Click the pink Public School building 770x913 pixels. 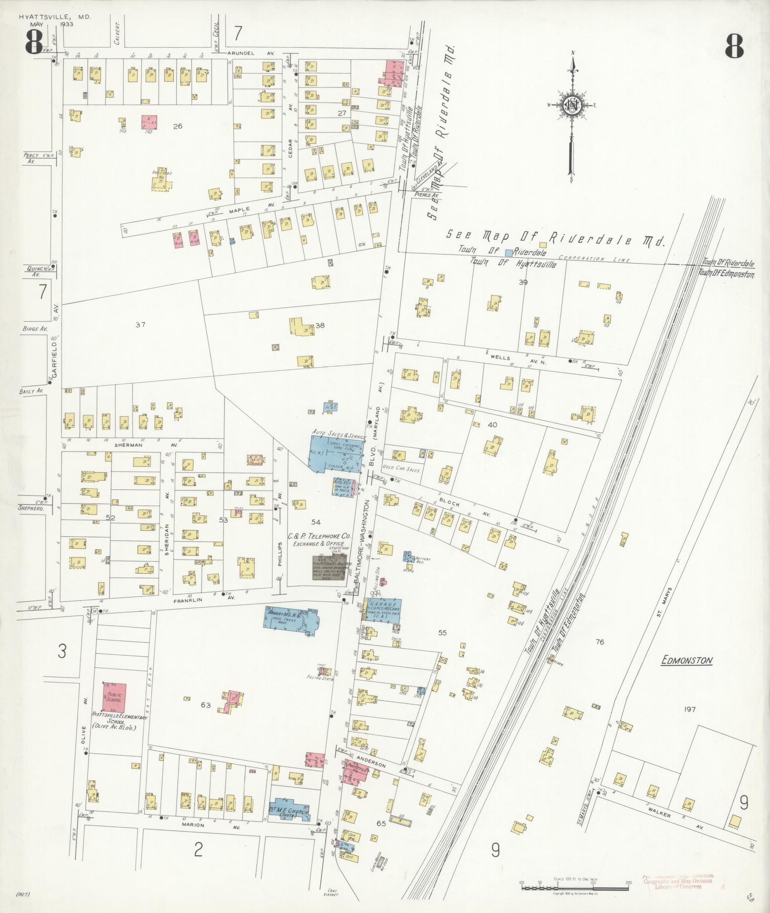coord(115,696)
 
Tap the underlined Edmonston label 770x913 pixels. coord(687,661)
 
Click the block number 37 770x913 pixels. coord(140,325)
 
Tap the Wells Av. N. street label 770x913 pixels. coord(517,357)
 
